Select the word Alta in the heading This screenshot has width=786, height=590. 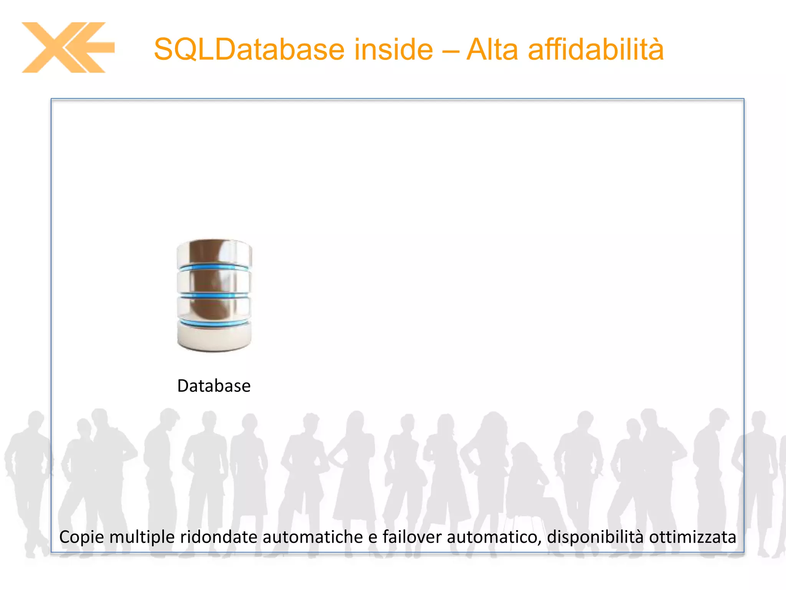click(492, 50)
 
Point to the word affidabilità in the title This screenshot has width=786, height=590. click(596, 50)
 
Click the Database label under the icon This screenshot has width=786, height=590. click(214, 386)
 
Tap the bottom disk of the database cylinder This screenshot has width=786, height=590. click(214, 337)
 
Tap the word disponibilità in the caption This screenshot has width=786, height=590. click(595, 537)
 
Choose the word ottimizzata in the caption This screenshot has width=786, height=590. click(692, 537)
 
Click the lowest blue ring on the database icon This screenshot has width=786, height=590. click(214, 323)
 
